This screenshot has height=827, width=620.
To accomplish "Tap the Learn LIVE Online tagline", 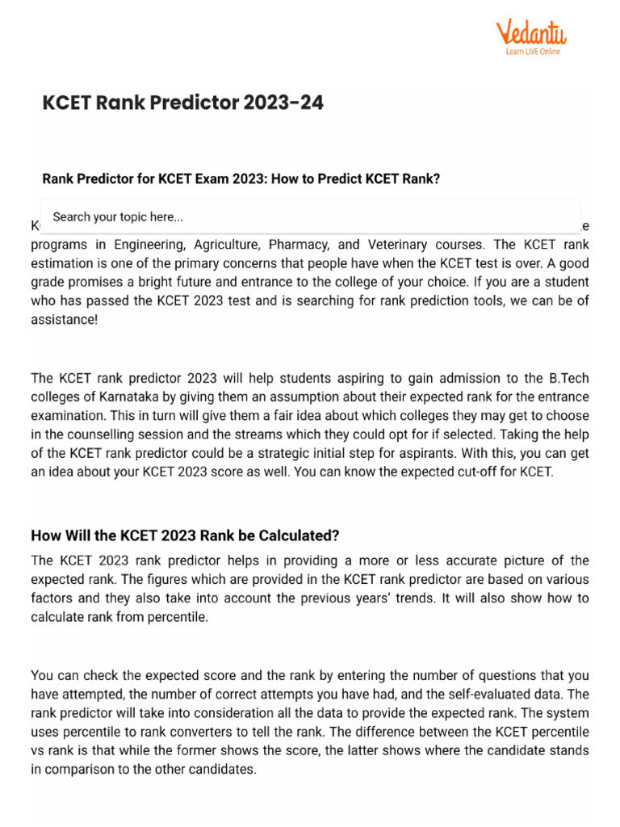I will click(533, 52).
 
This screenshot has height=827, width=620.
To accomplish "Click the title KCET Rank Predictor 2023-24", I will click(182, 103).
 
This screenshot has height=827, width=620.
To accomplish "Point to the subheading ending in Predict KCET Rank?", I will click(241, 179).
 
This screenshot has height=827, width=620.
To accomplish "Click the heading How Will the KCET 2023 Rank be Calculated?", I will click(185, 535).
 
